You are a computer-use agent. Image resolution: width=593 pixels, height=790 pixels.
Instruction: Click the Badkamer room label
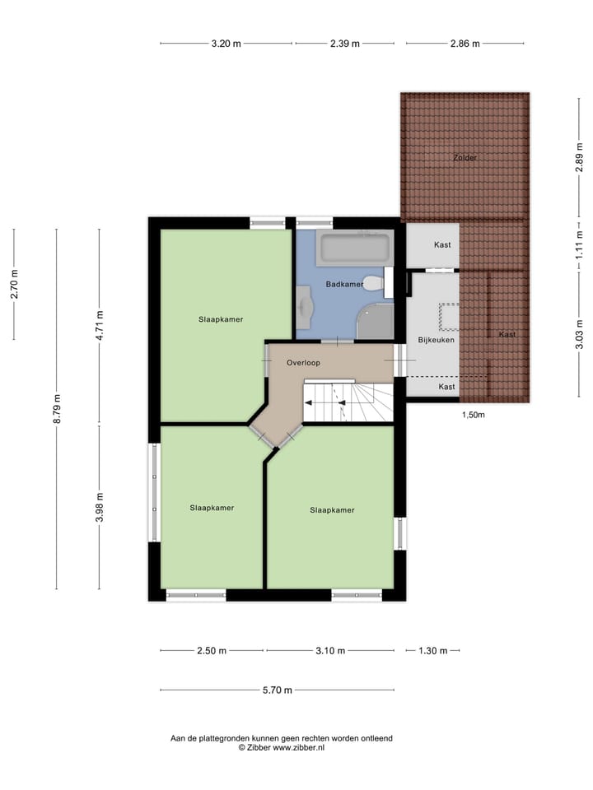point(343,285)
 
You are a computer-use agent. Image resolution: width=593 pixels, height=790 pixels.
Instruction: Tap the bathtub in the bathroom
point(355,248)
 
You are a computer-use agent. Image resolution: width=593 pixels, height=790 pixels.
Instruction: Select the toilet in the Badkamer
point(375,285)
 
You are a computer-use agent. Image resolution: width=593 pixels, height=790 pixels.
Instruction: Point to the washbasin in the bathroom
point(306,305)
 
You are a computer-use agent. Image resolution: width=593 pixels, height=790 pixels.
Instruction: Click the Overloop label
point(303,362)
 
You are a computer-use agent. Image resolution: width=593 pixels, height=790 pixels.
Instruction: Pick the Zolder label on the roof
point(465,157)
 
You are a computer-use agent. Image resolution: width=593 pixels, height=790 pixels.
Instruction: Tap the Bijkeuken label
point(436,339)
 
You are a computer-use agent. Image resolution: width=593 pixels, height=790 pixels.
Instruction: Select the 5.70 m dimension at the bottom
point(278,690)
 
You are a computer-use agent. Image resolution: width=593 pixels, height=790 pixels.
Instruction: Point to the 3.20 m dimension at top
point(226,44)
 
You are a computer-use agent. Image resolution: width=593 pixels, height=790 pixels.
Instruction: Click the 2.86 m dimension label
point(464,44)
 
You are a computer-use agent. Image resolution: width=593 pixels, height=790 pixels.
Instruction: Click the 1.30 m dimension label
point(432,651)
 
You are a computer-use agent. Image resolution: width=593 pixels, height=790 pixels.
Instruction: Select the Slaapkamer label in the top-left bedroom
point(220,319)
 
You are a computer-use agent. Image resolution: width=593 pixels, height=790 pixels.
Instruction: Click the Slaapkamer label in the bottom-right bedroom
point(332,510)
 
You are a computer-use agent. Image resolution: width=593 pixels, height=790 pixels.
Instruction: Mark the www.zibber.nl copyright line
point(282,748)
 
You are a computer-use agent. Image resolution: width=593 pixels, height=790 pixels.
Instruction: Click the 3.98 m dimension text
point(100,506)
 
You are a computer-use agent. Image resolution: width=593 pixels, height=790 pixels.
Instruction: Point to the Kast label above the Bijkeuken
point(442,245)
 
